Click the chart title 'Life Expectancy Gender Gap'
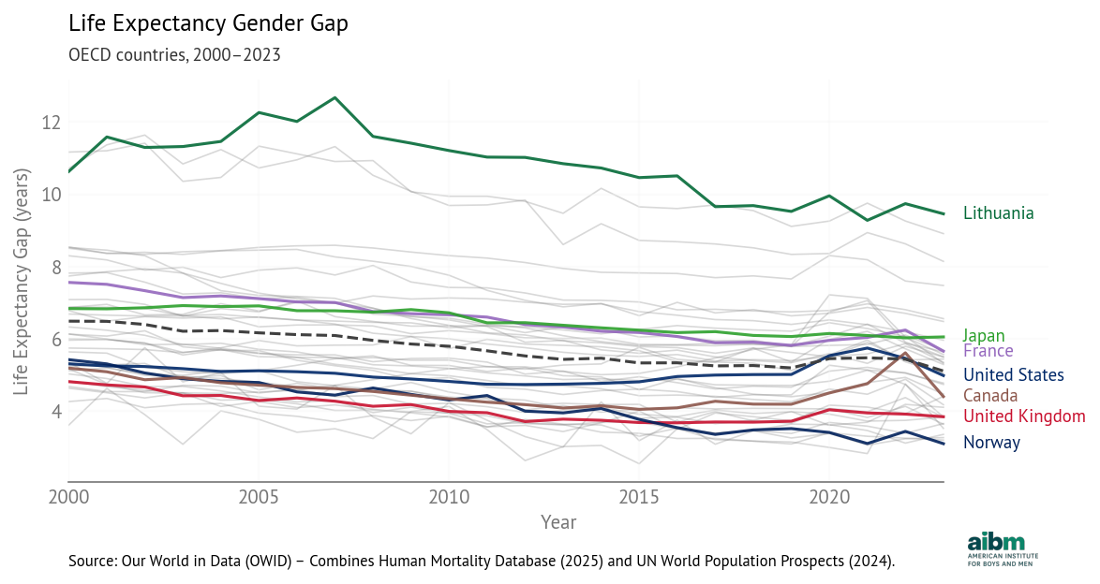pos(208,24)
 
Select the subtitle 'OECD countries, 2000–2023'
pos(174,54)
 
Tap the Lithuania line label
pos(999,213)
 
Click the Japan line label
pos(984,336)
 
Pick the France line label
pos(988,351)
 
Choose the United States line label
pos(1013,375)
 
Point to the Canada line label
pos(990,396)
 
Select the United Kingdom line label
pos(1024,416)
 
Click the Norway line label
pos(991,443)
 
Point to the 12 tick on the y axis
pos(51,123)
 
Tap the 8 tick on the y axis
pos(55,268)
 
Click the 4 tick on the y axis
pos(55,412)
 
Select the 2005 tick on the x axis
pos(258,496)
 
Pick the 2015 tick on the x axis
pos(638,496)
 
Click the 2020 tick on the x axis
pos(828,496)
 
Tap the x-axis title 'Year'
pos(558,522)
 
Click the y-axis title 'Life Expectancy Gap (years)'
pos(22,294)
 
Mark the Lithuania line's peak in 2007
pos(334,97)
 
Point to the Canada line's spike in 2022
pos(905,354)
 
